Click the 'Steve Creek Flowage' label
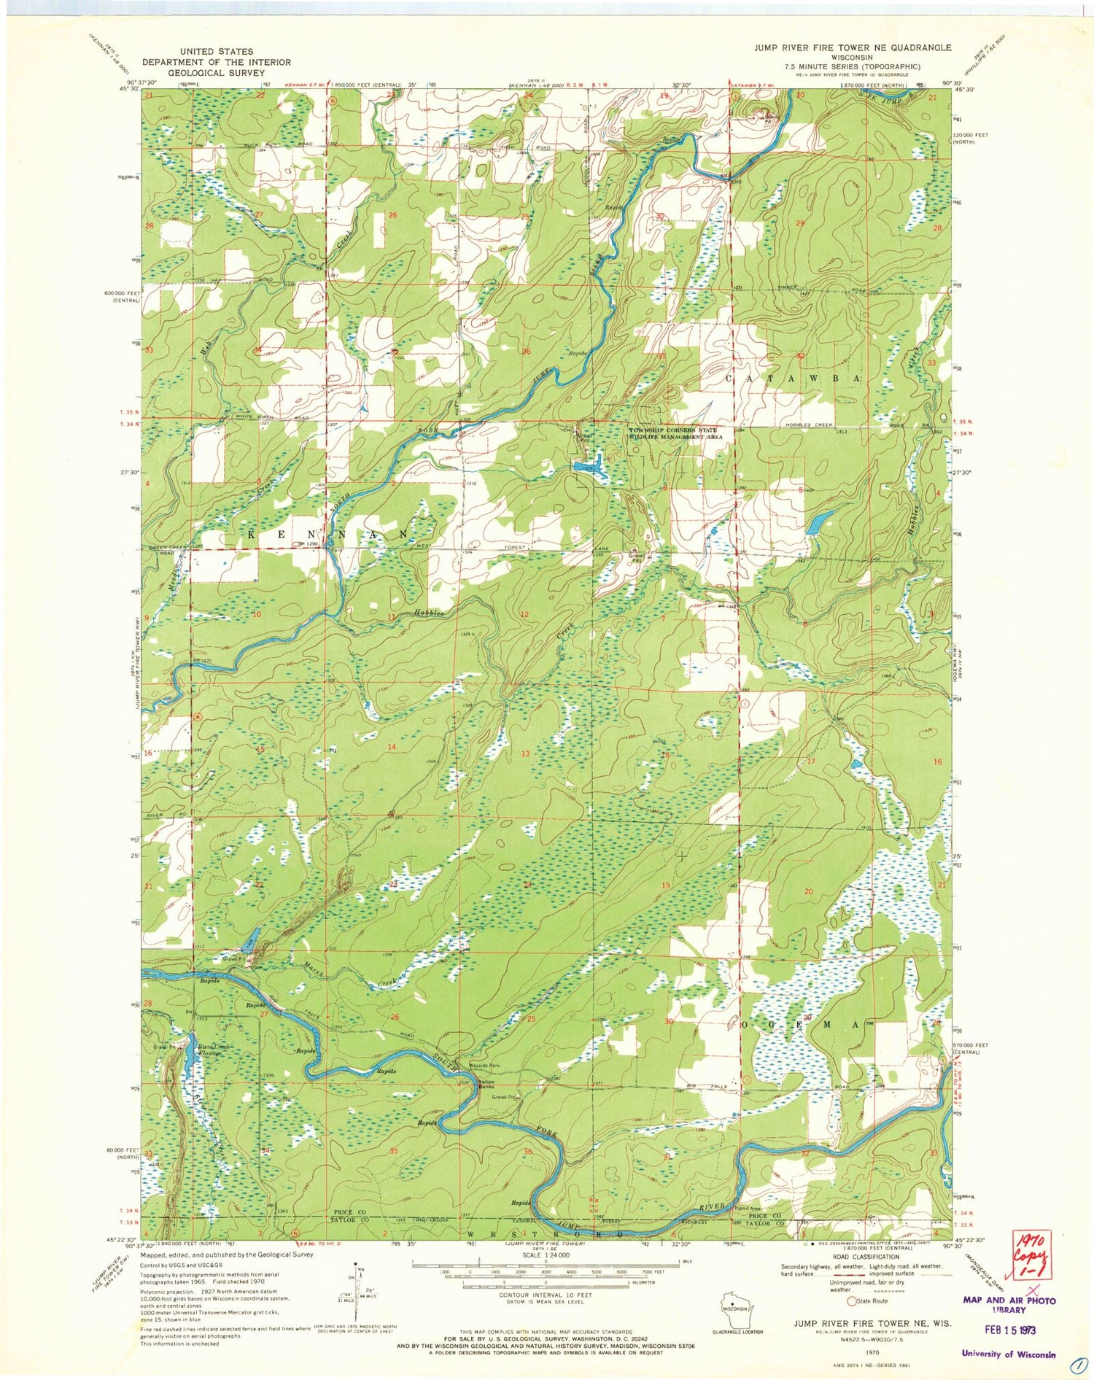[x=214, y=1050]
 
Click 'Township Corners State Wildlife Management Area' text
[x=676, y=433]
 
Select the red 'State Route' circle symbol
[x=850, y=1300]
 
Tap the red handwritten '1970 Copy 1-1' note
[x=1029, y=1257]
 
